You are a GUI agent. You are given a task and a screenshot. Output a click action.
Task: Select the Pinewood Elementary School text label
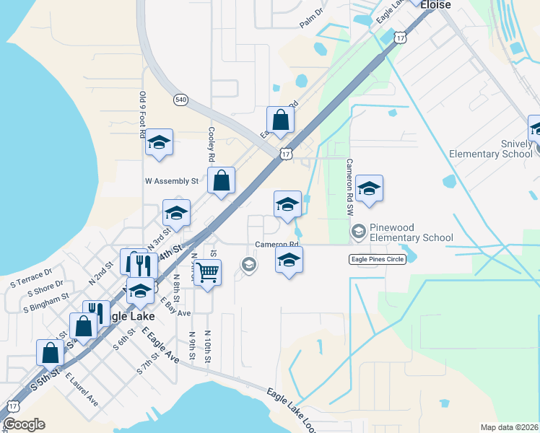click(x=411, y=232)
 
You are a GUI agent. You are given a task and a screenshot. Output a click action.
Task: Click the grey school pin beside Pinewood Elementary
click(x=357, y=231)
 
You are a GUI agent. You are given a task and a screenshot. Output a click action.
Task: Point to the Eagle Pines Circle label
click(x=376, y=259)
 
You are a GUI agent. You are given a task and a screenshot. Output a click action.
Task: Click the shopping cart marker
click(x=207, y=273)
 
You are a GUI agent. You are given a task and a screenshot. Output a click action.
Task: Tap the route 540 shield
click(x=180, y=100)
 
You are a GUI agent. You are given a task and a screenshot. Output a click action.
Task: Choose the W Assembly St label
click(x=171, y=181)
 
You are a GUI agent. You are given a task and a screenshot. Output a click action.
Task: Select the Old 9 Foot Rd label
click(x=143, y=115)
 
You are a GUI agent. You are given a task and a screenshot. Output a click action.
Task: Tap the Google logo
click(x=24, y=424)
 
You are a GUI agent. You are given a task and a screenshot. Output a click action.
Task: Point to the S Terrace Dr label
click(x=30, y=279)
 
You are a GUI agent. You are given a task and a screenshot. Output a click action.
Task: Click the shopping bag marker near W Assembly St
click(x=221, y=180)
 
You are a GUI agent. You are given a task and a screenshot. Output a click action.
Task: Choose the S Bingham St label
click(x=45, y=302)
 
